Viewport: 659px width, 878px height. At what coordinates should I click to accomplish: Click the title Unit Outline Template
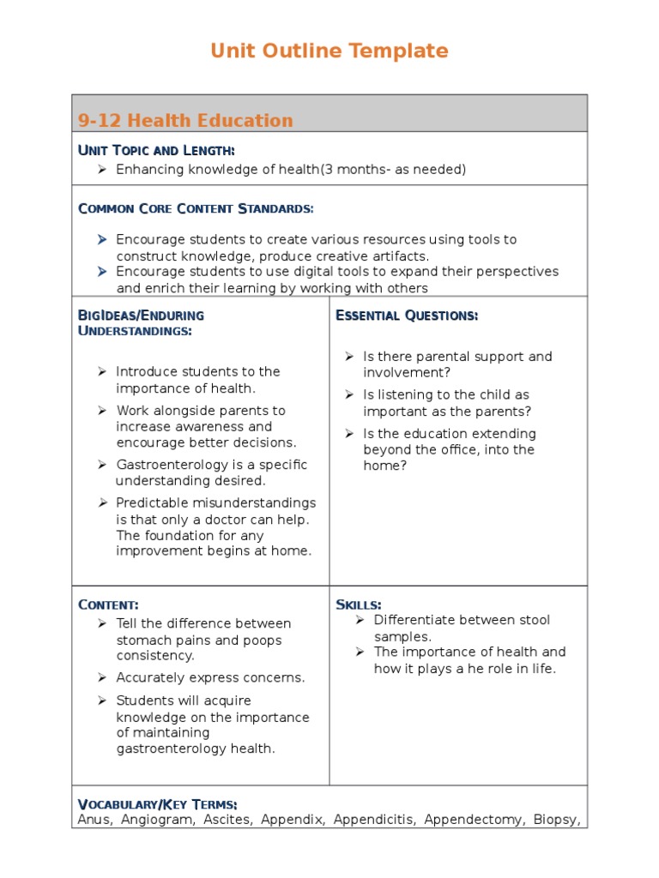pyautogui.click(x=329, y=51)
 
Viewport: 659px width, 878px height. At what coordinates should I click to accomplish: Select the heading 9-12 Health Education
pyautogui.click(x=185, y=121)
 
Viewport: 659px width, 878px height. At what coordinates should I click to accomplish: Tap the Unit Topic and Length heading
pyautogui.click(x=156, y=151)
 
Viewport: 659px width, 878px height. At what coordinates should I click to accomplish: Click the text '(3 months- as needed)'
pyautogui.click(x=393, y=170)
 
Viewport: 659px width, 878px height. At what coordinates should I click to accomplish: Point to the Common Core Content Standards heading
pyautogui.click(x=196, y=208)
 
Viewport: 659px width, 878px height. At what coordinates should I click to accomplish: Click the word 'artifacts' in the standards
pyautogui.click(x=398, y=256)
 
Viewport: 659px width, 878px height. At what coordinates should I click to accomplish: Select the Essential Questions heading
pyautogui.click(x=407, y=316)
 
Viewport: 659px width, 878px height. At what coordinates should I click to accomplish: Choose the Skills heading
pyautogui.click(x=359, y=604)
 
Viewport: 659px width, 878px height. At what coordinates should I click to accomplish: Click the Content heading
pyautogui.click(x=108, y=604)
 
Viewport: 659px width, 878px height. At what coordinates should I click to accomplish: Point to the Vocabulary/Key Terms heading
pyautogui.click(x=158, y=804)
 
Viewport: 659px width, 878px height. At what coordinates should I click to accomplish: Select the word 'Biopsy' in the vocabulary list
pyautogui.click(x=557, y=820)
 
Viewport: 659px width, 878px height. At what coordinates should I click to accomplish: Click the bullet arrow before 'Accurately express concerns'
pyautogui.click(x=101, y=677)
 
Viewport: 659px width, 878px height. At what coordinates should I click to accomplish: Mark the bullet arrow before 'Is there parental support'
pyautogui.click(x=349, y=356)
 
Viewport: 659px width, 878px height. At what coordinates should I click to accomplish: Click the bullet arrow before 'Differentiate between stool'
pyautogui.click(x=360, y=620)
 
